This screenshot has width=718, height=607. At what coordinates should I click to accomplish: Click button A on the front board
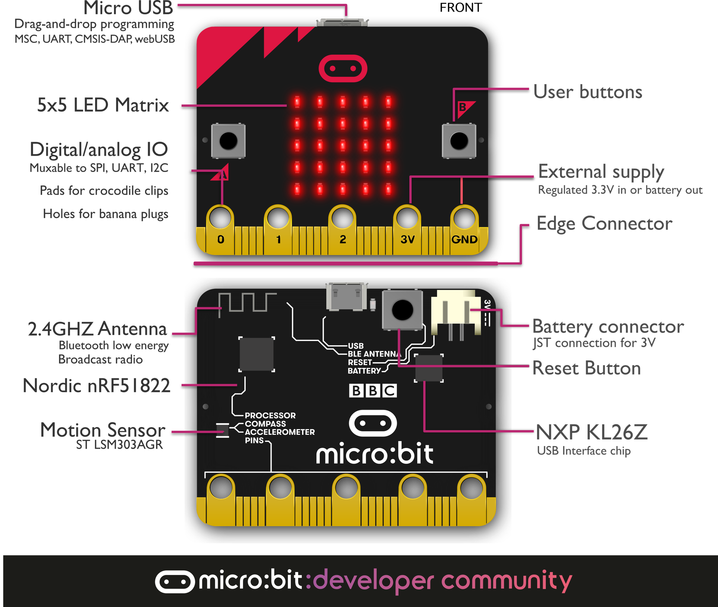[x=228, y=141]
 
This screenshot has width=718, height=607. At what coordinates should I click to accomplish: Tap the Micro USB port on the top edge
[x=342, y=23]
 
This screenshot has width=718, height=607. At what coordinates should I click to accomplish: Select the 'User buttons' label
[x=588, y=92]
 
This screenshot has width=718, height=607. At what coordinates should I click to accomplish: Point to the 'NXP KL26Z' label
[x=592, y=432]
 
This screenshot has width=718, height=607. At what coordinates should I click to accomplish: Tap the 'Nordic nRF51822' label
[x=97, y=385]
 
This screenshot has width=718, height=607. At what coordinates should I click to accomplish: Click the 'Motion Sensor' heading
[x=103, y=430]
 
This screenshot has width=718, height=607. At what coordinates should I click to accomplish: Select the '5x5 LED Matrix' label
[x=103, y=105]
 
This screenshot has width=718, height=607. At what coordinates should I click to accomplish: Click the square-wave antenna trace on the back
[x=247, y=302]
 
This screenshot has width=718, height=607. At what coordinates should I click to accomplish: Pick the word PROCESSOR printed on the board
[x=270, y=415]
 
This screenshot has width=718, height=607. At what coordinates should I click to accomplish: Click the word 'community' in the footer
[x=506, y=581]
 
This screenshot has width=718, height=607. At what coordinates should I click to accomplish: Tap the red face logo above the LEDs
[x=343, y=69]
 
